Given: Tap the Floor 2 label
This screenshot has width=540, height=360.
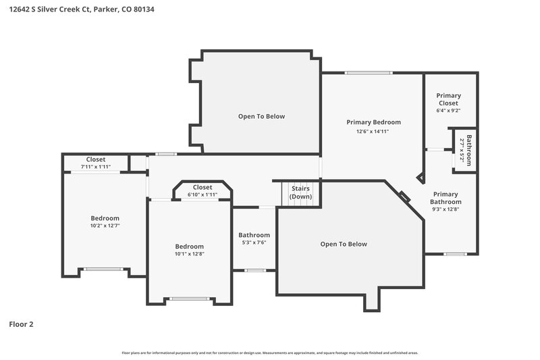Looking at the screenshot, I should point(21,324).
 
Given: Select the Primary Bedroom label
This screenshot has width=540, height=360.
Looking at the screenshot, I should point(373,122).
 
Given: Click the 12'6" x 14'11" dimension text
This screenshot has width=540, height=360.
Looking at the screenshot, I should point(373,132).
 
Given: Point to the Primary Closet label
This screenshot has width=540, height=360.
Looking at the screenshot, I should point(448,99).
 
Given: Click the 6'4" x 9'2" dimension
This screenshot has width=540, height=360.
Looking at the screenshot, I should point(448,111).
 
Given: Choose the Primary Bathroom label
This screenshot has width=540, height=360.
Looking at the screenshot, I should point(446,198).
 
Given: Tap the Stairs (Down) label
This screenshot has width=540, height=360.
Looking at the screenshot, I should point(300,192).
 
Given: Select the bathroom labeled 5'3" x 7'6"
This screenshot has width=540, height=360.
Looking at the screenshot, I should point(254,239).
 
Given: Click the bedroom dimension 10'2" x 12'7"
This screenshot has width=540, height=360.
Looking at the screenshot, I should point(105,226).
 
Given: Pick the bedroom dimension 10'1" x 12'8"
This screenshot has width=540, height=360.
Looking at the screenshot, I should point(189,255).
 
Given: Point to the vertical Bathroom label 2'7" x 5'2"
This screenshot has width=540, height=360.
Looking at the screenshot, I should point(465,148).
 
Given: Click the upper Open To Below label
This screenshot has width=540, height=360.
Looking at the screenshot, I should point(261,116).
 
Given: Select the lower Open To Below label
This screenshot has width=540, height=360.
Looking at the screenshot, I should point(344,244).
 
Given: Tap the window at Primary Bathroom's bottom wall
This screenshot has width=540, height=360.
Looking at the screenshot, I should point(455,254).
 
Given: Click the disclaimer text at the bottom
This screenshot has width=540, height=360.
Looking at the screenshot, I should point(270,353).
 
